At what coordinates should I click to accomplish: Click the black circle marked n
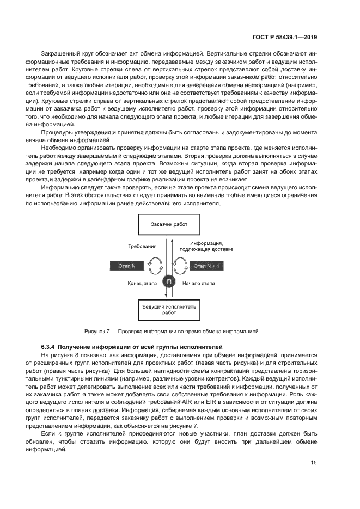point(169,281)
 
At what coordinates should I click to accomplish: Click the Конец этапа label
point(142,284)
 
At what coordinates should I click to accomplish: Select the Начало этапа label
point(199,284)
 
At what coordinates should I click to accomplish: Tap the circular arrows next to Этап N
point(156,266)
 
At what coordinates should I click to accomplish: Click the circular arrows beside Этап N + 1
point(182,266)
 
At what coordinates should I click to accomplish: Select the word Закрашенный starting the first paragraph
point(59,54)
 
